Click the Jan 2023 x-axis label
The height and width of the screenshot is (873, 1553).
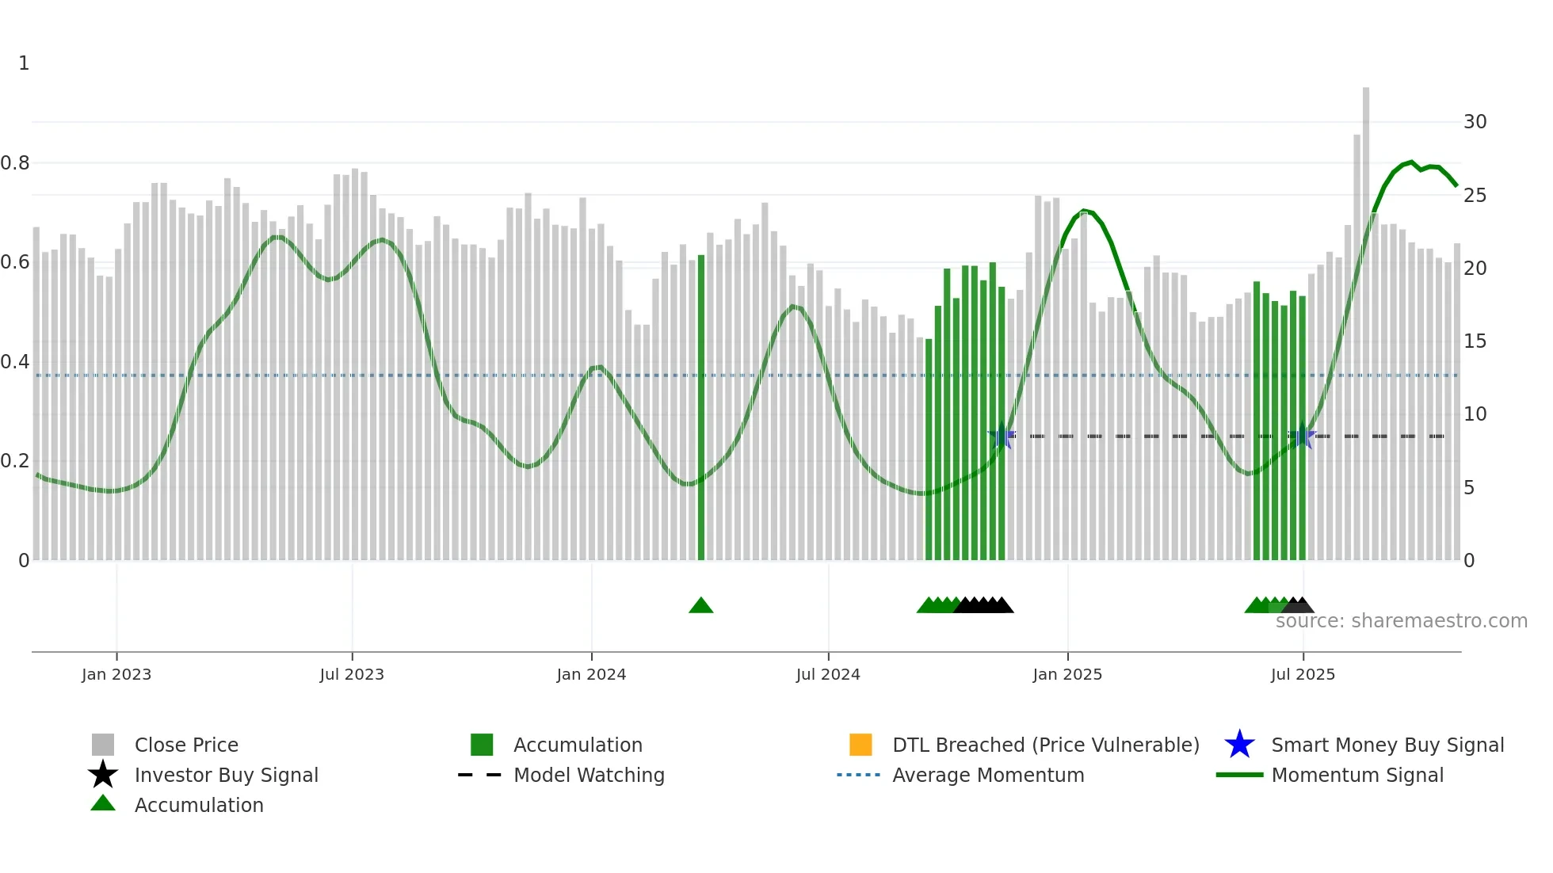(x=116, y=674)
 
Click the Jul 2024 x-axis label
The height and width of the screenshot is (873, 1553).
(x=828, y=674)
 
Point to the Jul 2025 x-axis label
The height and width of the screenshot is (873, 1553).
(x=1303, y=674)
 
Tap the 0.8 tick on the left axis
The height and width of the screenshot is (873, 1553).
(x=15, y=163)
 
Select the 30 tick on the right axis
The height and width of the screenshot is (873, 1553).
(x=1475, y=122)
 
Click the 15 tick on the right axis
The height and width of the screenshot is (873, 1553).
(x=1475, y=341)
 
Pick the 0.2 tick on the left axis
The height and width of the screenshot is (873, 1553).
(x=15, y=461)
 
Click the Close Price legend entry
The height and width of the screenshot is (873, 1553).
(x=186, y=745)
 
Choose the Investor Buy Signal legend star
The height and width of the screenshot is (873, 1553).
(x=103, y=775)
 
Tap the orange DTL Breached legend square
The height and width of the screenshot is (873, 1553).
(x=860, y=745)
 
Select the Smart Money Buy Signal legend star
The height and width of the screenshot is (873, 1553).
(x=1239, y=745)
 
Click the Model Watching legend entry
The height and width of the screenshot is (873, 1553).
(x=589, y=775)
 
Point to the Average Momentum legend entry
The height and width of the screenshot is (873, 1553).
(x=988, y=775)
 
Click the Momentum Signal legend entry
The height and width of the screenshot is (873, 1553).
(x=1357, y=775)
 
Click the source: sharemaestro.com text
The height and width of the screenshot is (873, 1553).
(x=1401, y=621)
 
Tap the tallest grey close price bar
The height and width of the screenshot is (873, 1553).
(x=1366, y=317)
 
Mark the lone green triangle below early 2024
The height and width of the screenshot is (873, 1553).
(x=701, y=606)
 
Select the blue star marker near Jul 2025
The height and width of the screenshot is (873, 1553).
(x=1302, y=436)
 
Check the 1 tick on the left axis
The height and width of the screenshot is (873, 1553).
(x=24, y=63)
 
